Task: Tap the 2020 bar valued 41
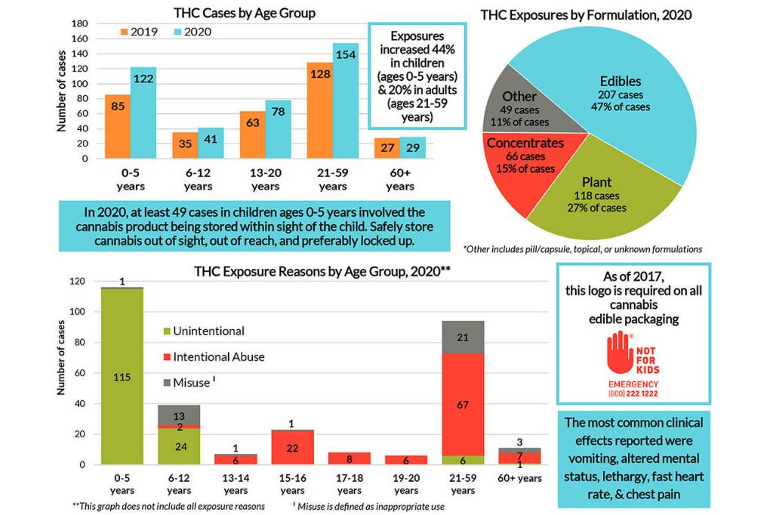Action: click(x=211, y=143)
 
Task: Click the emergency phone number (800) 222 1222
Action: click(x=633, y=393)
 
